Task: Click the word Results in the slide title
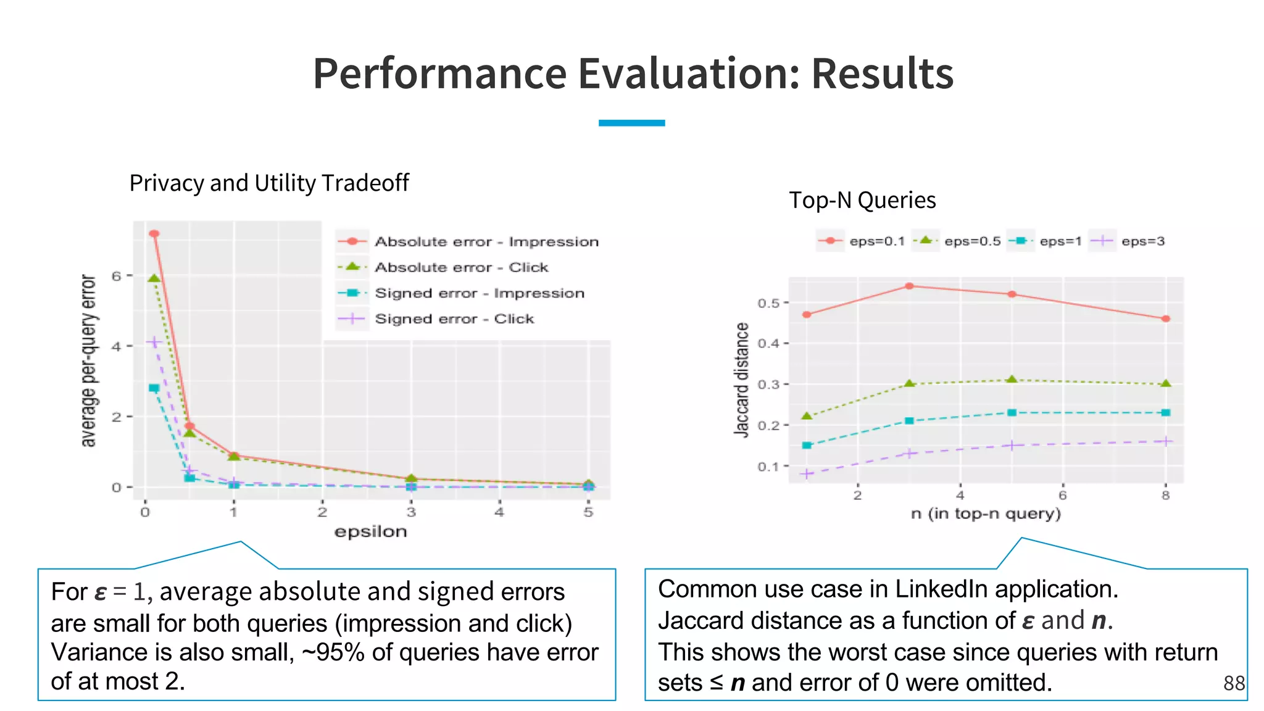pyautogui.click(x=882, y=73)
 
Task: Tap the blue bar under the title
pyautogui.click(x=631, y=123)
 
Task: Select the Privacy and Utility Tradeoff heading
pyautogui.click(x=268, y=183)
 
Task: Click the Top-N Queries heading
pyautogui.click(x=862, y=201)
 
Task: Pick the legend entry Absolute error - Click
pyautogui.click(x=461, y=267)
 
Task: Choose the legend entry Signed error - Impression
pyautogui.click(x=479, y=293)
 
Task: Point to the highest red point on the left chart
pyautogui.click(x=154, y=234)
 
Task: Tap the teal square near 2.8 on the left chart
pyautogui.click(x=154, y=388)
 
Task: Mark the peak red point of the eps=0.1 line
pyautogui.click(x=909, y=286)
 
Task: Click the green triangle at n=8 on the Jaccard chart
pyautogui.click(x=1165, y=384)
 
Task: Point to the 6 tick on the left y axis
pyautogui.click(x=117, y=276)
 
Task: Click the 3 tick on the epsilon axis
pyautogui.click(x=411, y=512)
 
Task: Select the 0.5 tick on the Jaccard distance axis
pyautogui.click(x=768, y=303)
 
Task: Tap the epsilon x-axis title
pyautogui.click(x=370, y=532)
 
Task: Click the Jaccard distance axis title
pyautogui.click(x=741, y=380)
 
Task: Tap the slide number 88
pyautogui.click(x=1234, y=683)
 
